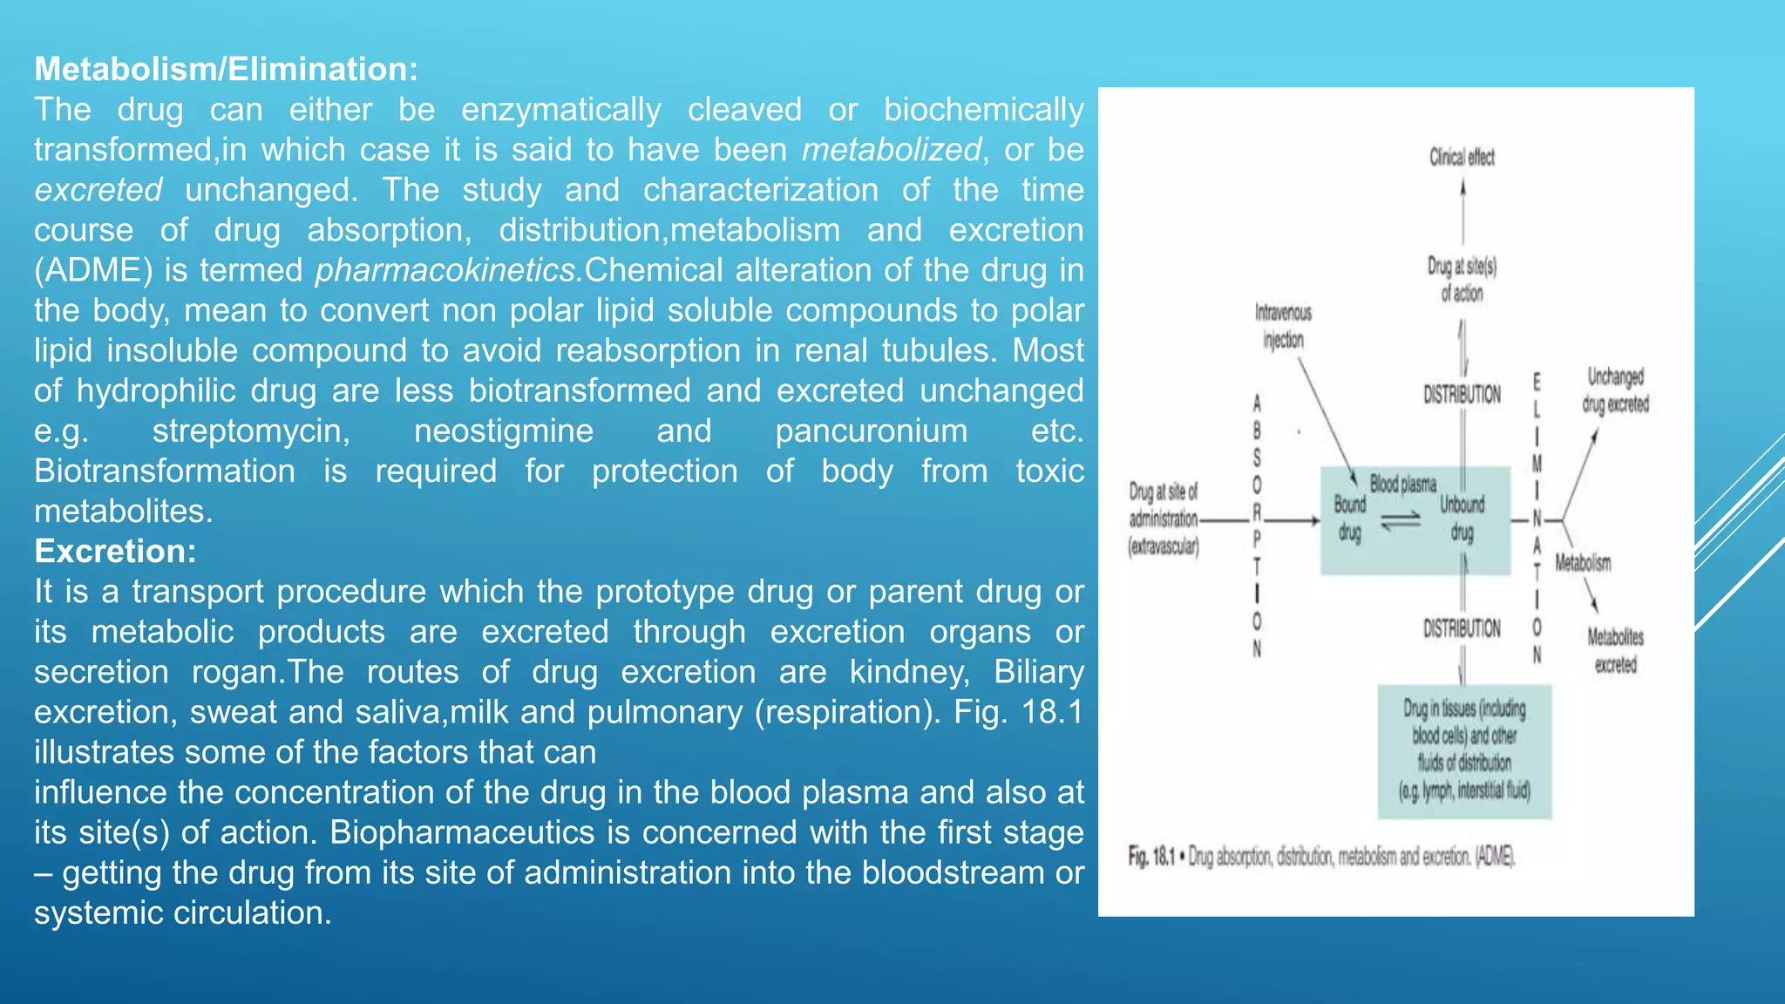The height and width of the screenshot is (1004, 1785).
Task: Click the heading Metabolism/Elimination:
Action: click(x=226, y=69)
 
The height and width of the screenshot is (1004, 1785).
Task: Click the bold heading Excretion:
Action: click(x=115, y=551)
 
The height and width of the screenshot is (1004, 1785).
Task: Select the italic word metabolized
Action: click(x=892, y=150)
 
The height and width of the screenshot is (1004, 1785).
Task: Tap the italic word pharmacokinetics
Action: click(x=449, y=270)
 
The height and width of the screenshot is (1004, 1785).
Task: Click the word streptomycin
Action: click(x=251, y=431)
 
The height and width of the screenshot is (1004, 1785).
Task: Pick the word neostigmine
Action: click(x=504, y=431)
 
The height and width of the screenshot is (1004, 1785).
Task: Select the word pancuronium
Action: click(x=871, y=431)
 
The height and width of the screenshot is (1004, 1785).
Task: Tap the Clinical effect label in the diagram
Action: click(x=1462, y=157)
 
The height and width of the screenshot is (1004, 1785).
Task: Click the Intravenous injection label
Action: click(x=1283, y=326)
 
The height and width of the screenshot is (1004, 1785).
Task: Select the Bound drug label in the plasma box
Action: click(x=1349, y=518)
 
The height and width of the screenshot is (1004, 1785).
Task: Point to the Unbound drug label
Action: click(x=1462, y=518)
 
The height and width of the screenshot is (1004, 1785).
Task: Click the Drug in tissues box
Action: click(x=1464, y=750)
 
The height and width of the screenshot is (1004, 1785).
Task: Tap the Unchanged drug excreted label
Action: click(x=1615, y=390)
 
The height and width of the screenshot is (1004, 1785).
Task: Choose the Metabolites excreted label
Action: click(x=1615, y=650)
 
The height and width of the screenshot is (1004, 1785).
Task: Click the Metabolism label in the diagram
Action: click(x=1583, y=563)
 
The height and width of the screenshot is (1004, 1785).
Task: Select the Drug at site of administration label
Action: click(x=1164, y=519)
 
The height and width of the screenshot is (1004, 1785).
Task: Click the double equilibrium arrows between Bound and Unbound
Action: click(x=1402, y=520)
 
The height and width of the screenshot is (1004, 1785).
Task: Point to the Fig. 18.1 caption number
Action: click(x=1151, y=857)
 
